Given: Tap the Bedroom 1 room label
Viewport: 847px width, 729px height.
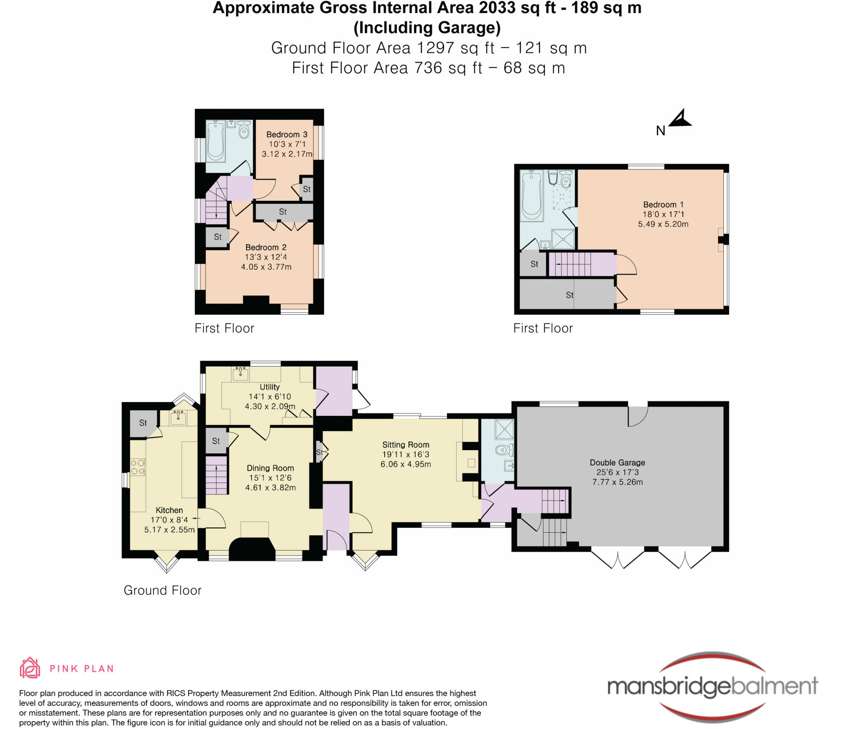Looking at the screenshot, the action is (663, 205).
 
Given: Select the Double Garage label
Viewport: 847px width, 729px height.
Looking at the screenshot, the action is (617, 462).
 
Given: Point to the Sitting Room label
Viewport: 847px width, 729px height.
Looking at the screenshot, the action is (406, 445).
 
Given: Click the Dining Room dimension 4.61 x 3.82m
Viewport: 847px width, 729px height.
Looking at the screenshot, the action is (270, 488).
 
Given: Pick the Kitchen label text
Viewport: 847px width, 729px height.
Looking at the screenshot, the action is (169, 510).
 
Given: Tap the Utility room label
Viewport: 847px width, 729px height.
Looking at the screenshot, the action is (270, 387).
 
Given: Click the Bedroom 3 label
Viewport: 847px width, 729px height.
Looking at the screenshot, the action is (287, 134).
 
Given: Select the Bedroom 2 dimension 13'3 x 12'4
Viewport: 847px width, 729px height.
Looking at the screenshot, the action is (266, 257).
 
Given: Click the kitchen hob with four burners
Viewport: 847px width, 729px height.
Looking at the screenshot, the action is (138, 467).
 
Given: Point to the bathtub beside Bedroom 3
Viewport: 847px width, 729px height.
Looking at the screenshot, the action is (215, 141).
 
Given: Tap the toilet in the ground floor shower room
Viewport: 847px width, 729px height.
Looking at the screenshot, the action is (505, 449).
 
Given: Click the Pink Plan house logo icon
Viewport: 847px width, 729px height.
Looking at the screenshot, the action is (30, 668).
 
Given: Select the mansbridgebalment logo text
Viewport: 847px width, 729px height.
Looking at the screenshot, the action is (713, 686).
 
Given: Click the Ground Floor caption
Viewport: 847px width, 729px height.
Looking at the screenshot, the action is (163, 590).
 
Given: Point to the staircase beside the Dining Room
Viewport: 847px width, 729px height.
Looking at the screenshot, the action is (217, 475).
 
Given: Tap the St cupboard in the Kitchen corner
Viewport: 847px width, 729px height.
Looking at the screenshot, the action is (144, 423).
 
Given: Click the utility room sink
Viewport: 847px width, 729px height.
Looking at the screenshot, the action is (240, 374).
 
